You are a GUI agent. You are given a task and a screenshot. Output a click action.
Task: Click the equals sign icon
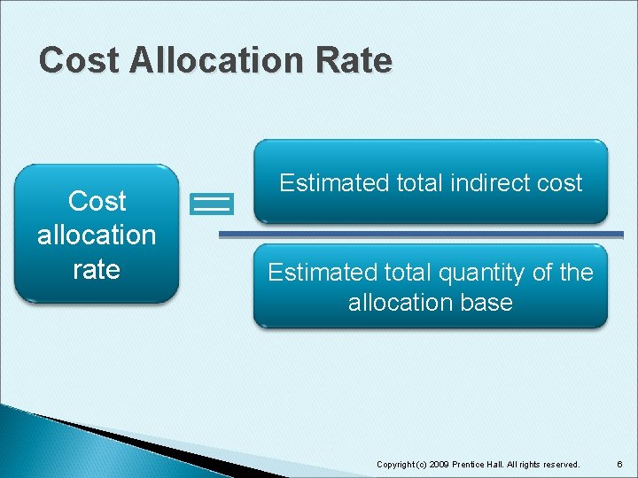tap(212, 204)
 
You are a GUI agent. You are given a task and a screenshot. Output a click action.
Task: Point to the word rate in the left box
tap(97, 268)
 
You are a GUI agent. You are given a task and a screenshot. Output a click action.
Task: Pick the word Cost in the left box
tap(97, 201)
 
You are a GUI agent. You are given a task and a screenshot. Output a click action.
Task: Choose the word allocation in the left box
tap(97, 235)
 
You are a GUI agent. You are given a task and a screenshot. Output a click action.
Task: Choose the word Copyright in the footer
tap(396, 465)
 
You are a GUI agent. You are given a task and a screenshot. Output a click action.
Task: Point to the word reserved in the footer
tap(559, 465)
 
